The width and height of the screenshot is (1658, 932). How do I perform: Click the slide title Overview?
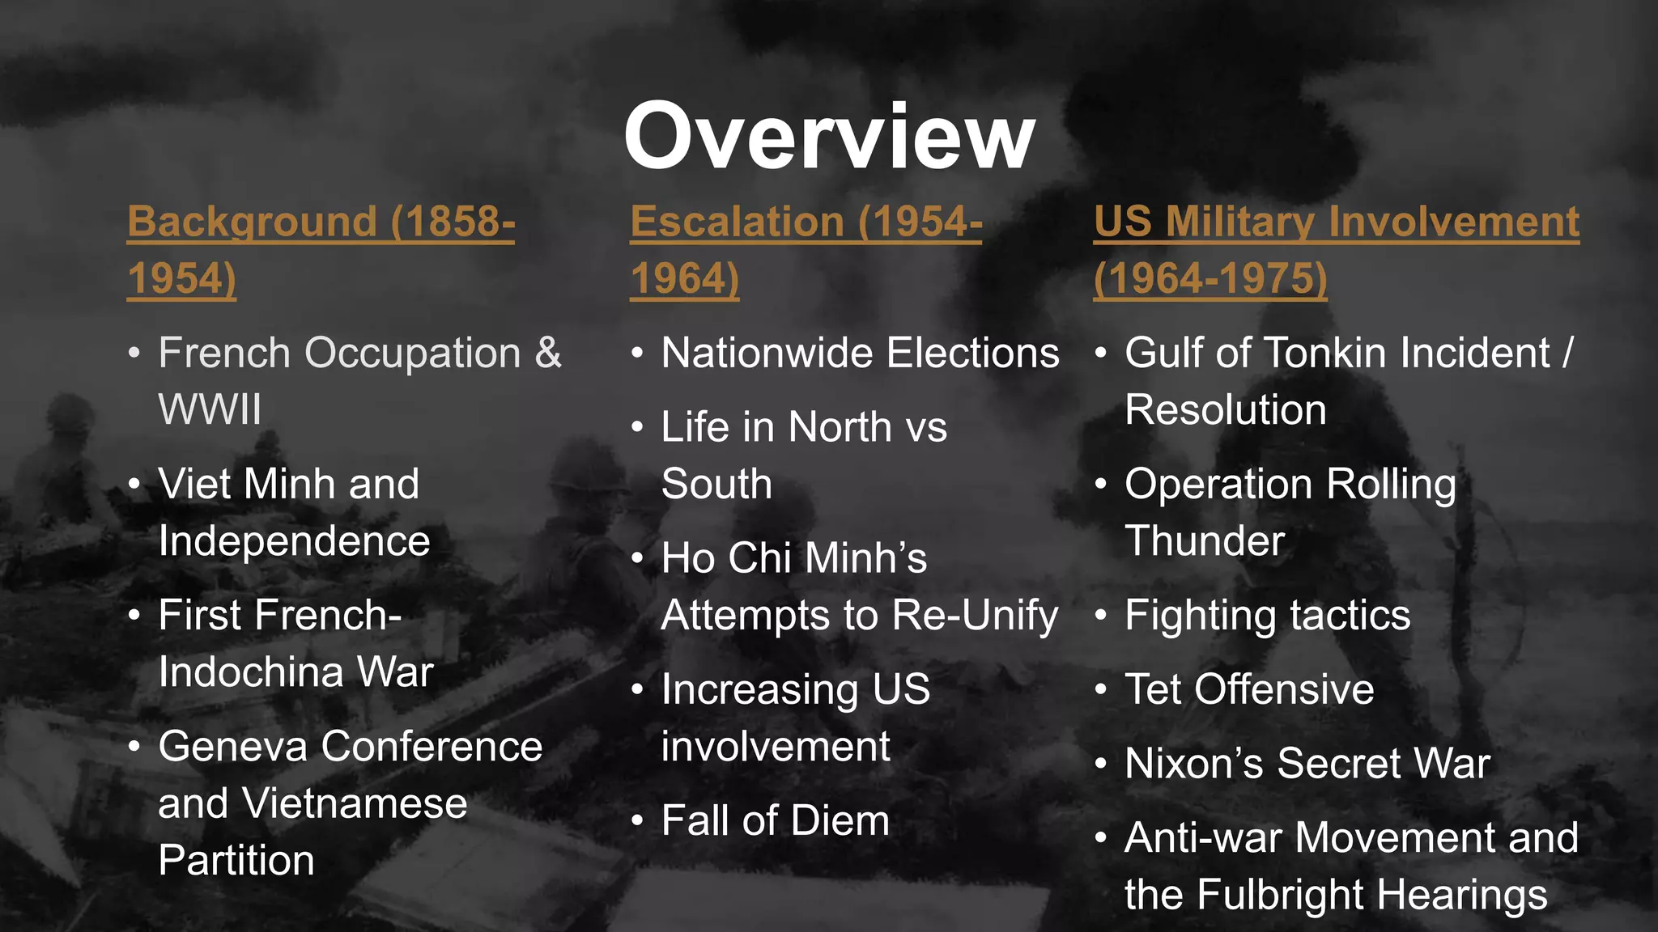point(829,136)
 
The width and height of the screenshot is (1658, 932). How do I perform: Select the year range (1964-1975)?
point(1210,278)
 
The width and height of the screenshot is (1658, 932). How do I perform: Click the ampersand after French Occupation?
point(548,354)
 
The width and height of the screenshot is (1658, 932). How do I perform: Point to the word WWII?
point(210,409)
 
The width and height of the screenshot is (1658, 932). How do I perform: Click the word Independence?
point(294,541)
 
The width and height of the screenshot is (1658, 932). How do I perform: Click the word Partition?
point(236,860)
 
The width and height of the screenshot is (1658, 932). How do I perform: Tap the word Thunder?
point(1205,541)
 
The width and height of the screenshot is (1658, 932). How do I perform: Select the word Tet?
point(1153,690)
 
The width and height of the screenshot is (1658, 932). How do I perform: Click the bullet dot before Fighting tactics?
point(1101,616)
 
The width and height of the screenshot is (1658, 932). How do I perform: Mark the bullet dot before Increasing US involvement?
point(638,690)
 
